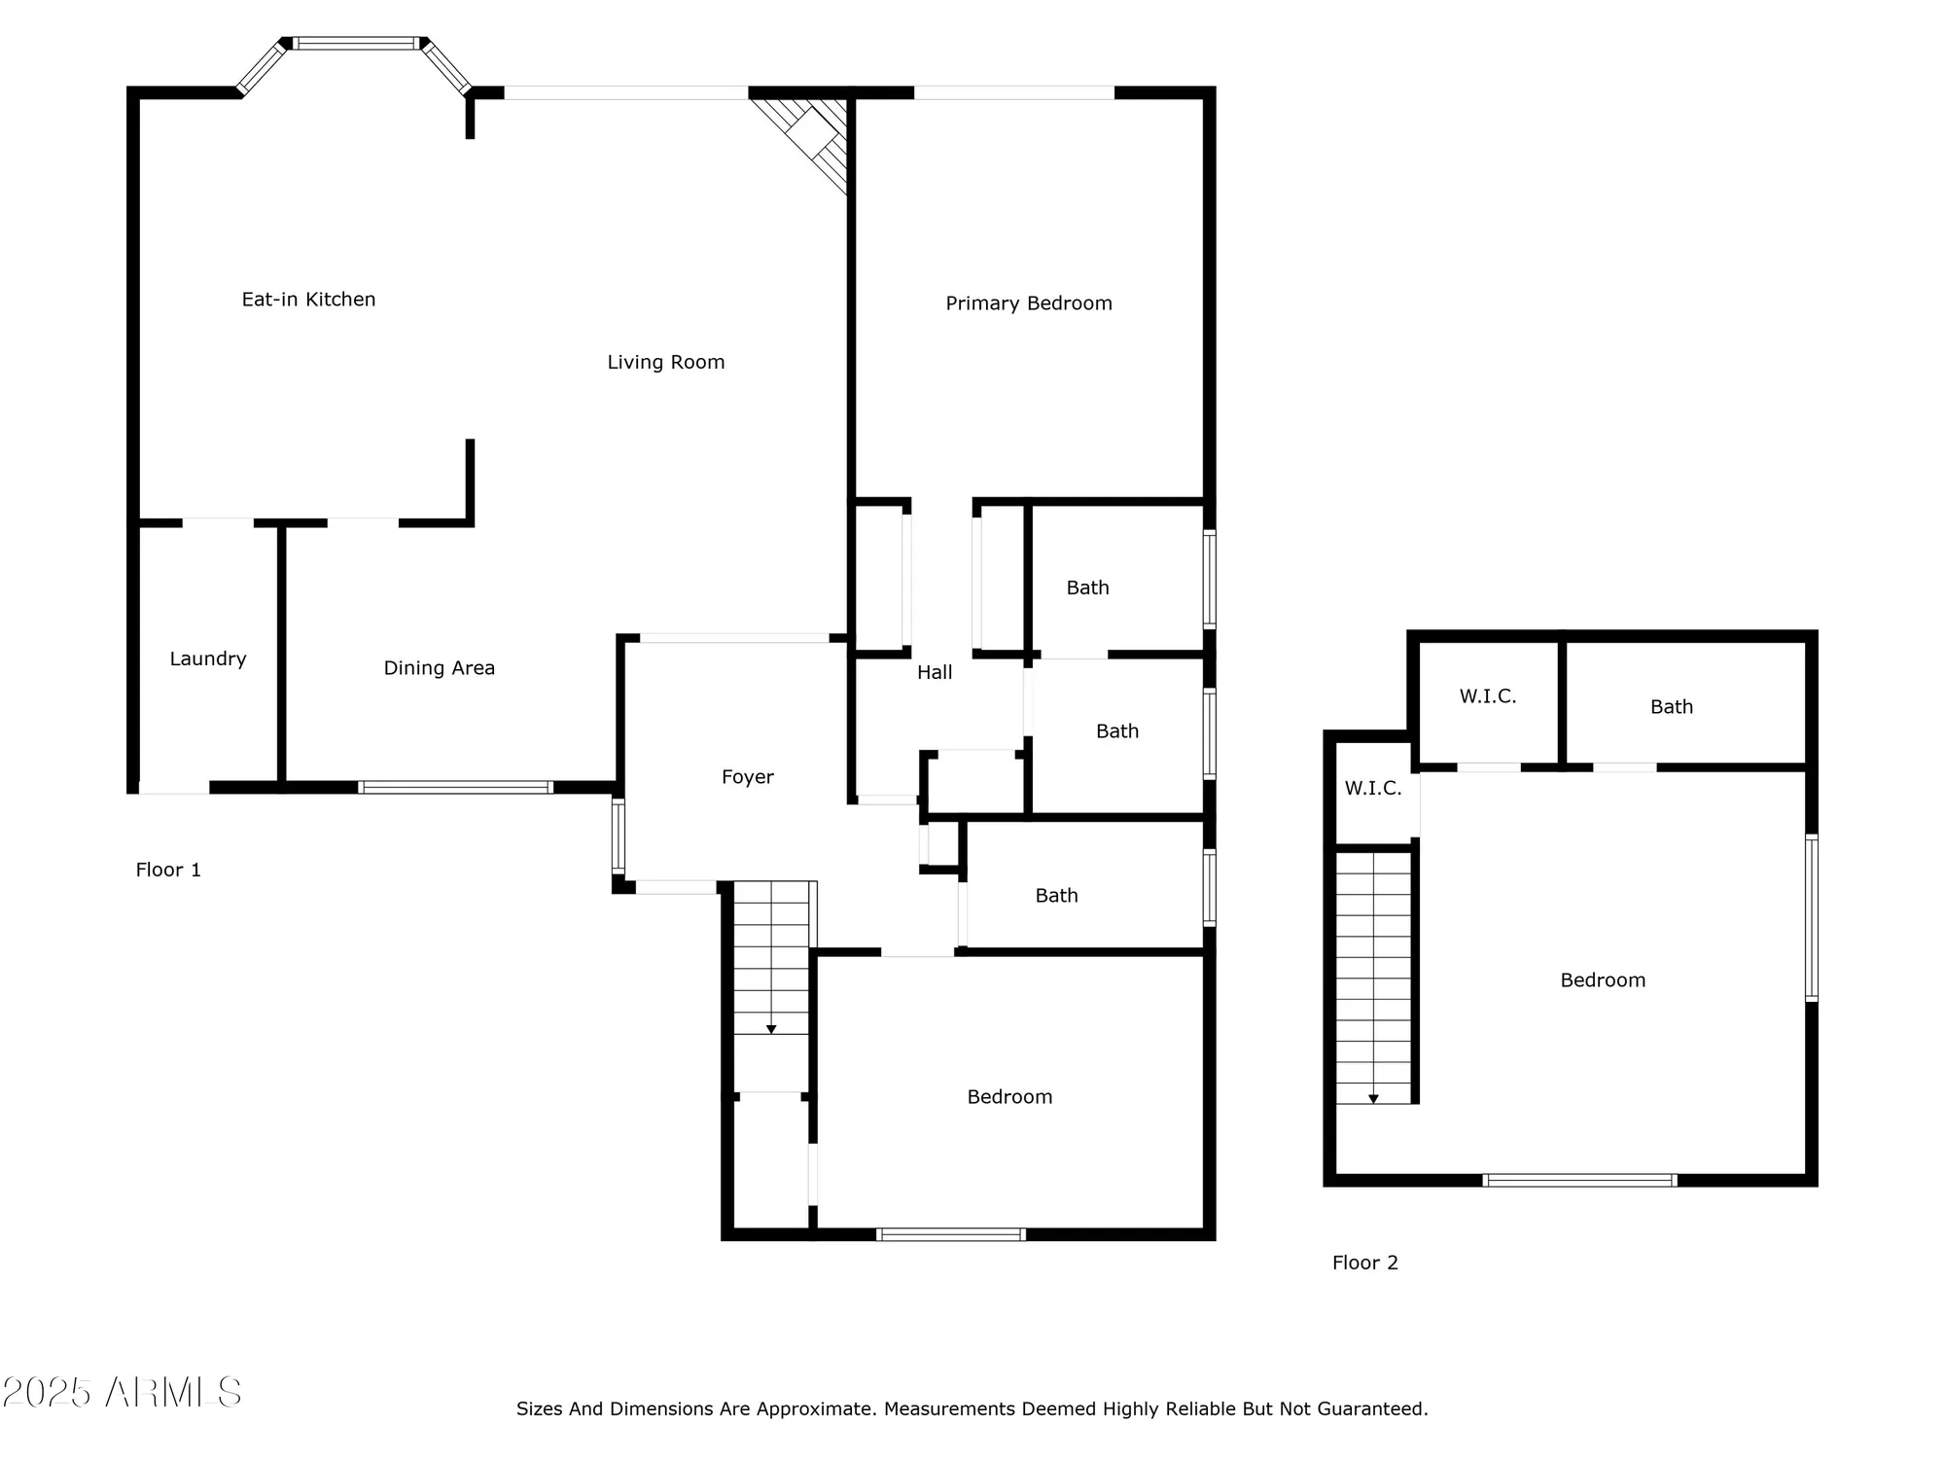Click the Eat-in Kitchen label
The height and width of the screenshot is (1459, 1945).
(x=308, y=300)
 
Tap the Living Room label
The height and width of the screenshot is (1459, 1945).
(x=665, y=363)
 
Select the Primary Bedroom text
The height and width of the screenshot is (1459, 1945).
(x=1028, y=303)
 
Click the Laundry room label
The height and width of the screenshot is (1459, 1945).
(x=207, y=659)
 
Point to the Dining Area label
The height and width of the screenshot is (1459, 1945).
(x=439, y=668)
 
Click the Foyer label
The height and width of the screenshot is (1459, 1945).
(x=747, y=777)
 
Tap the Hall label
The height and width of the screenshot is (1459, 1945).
(x=934, y=672)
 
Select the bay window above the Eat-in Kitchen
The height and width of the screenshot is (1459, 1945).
(x=356, y=44)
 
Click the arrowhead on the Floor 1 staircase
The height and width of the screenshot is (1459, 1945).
(x=771, y=1029)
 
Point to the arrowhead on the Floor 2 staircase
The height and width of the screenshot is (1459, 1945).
(x=1373, y=1099)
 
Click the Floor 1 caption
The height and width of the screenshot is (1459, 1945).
(x=168, y=871)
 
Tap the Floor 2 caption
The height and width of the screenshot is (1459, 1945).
(x=1364, y=1263)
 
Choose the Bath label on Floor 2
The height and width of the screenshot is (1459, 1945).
(x=1671, y=707)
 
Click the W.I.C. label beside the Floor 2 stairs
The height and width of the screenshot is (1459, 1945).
(x=1372, y=789)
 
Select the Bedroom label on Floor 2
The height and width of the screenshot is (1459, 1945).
(x=1602, y=980)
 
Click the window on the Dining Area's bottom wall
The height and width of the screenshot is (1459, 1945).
(x=455, y=788)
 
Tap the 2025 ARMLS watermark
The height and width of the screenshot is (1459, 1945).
(x=122, y=1393)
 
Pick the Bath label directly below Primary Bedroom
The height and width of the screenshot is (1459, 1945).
(x=1086, y=587)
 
